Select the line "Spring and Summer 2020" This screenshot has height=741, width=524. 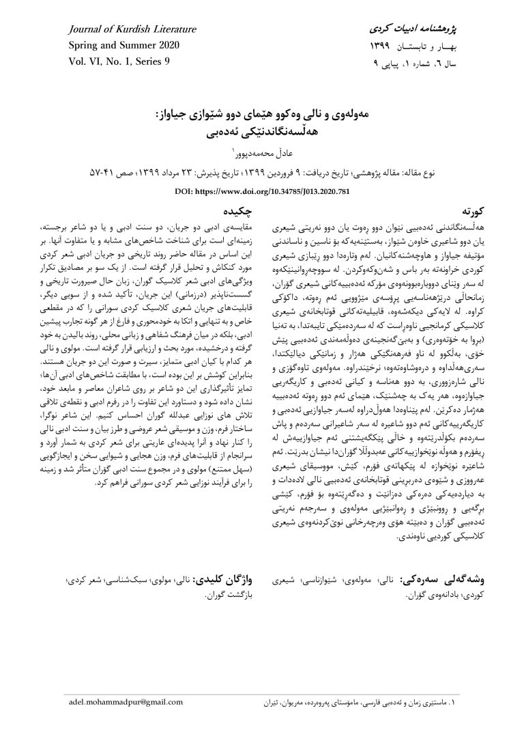(124, 46)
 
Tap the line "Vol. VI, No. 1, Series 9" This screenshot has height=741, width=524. (119, 61)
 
